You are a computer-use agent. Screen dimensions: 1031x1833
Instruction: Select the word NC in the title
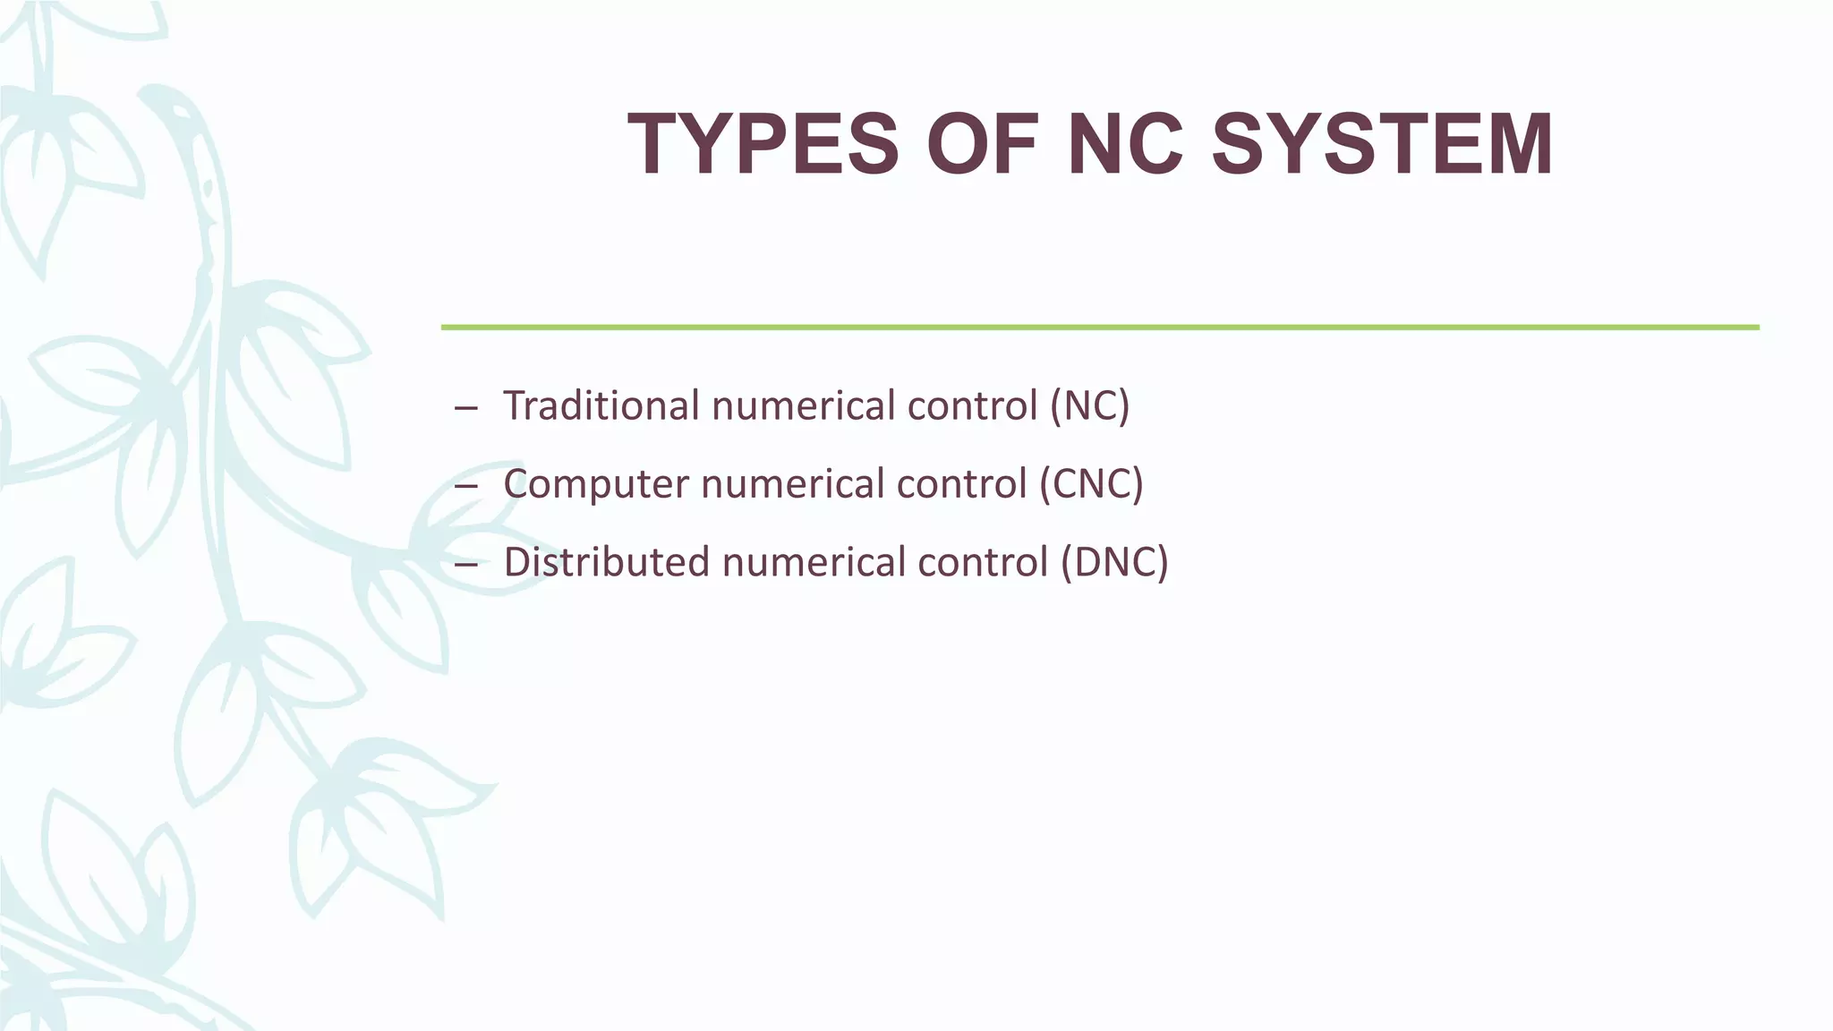(1126, 145)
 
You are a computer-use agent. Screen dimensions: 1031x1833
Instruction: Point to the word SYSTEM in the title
(1382, 145)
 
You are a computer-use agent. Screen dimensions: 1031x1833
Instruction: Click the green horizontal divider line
(1099, 328)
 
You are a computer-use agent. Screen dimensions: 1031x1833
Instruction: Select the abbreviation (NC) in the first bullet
(1089, 405)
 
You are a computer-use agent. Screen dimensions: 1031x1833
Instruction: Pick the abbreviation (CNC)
(1091, 484)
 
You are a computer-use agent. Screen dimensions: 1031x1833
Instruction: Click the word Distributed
(606, 563)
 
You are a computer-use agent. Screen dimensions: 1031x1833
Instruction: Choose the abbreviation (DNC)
(1114, 563)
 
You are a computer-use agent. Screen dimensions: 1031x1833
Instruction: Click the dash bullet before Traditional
(465, 409)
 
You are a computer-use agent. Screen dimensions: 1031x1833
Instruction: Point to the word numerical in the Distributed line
(814, 563)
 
